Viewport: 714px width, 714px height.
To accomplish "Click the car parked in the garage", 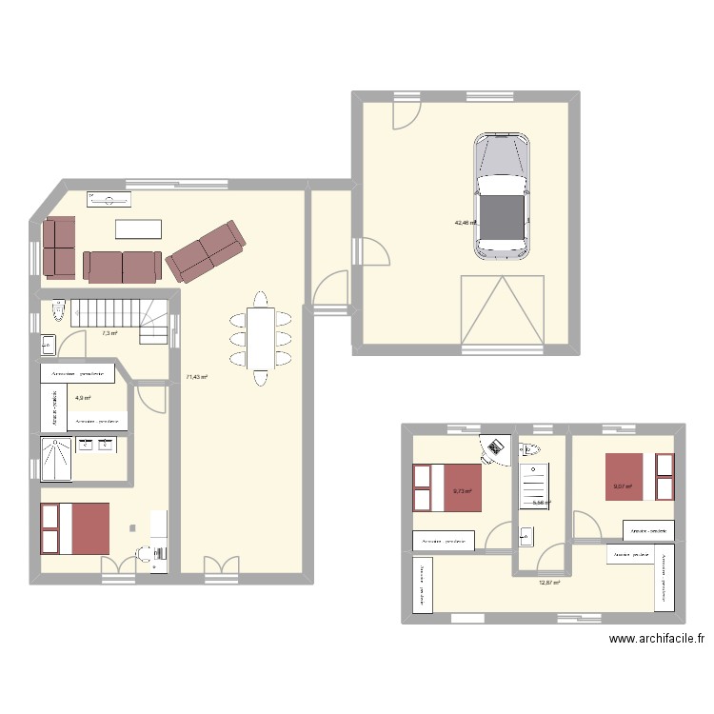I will pos(502,195).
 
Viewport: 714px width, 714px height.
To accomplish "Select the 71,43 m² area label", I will pos(197,377).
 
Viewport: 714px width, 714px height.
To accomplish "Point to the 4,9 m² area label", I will pos(83,398).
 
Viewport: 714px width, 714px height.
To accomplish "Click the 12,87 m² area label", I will pos(549,584).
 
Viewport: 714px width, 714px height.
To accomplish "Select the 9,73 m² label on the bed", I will pos(462,491).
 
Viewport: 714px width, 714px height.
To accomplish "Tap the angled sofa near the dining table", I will pos(206,252).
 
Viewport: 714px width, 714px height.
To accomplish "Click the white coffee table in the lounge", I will pos(139,229).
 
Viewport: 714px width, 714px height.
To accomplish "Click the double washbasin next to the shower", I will pos(96,445).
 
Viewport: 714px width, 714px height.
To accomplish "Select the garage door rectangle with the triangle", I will pos(502,310).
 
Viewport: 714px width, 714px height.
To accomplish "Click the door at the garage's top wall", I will pos(407,112).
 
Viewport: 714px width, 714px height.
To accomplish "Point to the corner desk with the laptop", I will pos(493,448).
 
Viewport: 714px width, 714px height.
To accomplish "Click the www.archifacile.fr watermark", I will pos(656,641).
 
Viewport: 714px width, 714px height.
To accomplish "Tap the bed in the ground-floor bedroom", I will pos(76,528).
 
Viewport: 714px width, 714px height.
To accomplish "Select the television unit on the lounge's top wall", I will pos(110,200).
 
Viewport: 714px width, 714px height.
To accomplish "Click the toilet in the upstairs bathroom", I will pos(531,448).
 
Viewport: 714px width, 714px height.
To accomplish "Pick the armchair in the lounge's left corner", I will pos(59,245).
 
